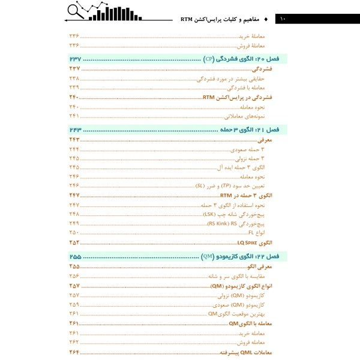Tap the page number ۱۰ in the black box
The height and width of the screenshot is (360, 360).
pos(283,19)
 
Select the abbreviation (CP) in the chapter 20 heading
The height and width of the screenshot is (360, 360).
pos(208,59)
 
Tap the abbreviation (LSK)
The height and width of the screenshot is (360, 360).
pos(209,214)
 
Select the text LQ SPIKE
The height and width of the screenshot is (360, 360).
pos(248,242)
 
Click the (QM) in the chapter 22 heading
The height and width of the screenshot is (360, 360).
pos(208,257)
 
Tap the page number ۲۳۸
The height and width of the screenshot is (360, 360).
pos(74,78)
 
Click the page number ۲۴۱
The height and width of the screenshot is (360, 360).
pos(74,116)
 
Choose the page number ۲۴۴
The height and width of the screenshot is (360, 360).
pos(74,149)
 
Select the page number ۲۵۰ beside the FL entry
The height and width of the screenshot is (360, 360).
pos(74,232)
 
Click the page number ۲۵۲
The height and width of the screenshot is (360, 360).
pos(74,242)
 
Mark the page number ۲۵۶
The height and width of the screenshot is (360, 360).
pos(74,276)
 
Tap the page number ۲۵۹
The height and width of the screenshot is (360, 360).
pos(74,304)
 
